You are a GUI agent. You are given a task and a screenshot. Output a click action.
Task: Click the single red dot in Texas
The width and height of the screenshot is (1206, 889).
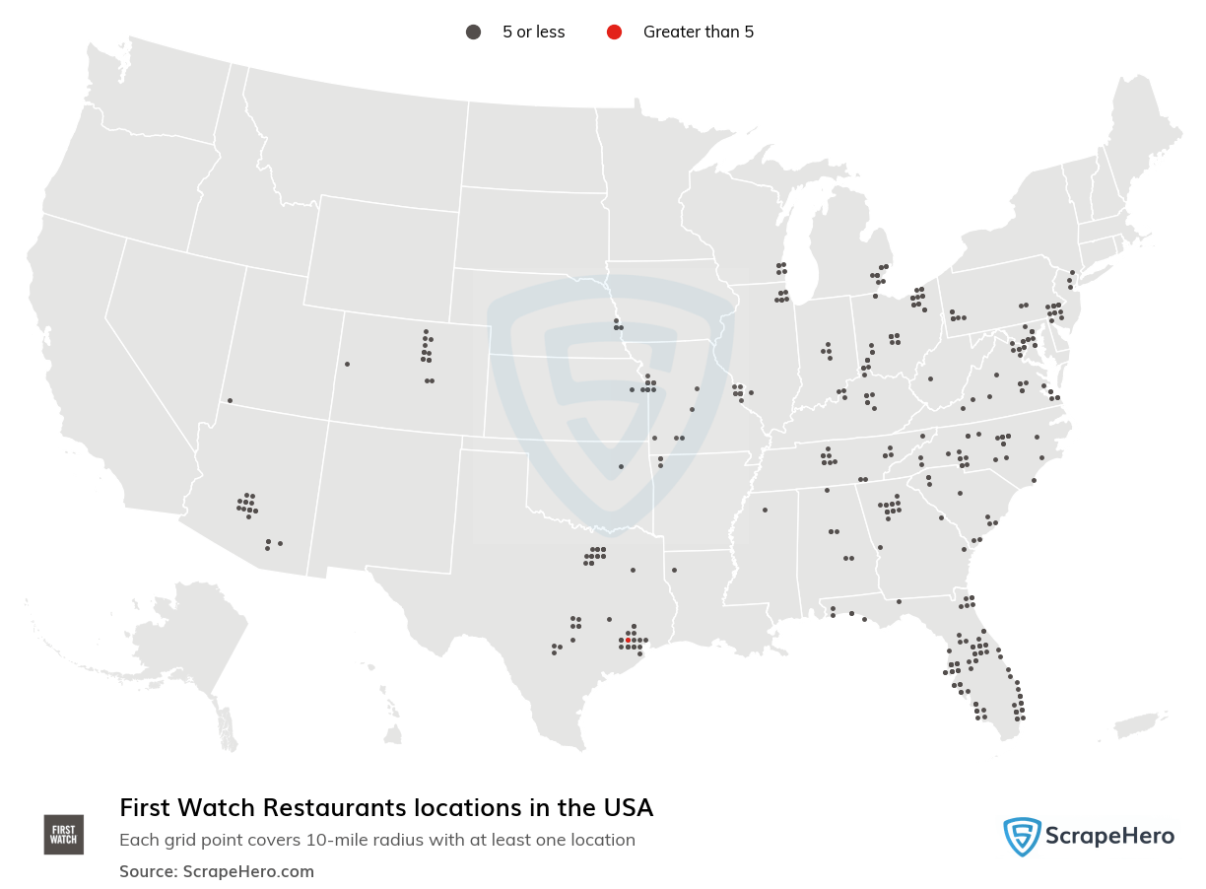tap(628, 640)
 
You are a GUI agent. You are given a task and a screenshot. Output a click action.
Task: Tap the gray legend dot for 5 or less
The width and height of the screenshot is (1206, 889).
tap(473, 32)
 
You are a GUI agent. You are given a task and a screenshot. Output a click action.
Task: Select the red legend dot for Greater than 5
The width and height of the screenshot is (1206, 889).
tap(614, 32)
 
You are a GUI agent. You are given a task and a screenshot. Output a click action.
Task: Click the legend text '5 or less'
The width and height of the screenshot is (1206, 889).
tap(533, 32)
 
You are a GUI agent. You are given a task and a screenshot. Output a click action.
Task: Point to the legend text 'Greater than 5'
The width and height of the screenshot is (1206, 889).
tap(698, 32)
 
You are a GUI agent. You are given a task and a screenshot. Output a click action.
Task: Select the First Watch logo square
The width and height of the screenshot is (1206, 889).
tap(64, 834)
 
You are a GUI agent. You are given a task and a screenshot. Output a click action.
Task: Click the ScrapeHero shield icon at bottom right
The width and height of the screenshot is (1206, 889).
tap(1022, 837)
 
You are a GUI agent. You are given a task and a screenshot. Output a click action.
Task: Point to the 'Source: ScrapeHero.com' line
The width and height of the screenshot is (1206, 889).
tap(217, 871)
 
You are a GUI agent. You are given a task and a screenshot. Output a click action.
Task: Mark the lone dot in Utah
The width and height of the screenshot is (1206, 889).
tap(230, 400)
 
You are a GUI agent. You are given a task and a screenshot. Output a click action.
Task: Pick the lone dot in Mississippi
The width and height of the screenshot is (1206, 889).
tap(765, 510)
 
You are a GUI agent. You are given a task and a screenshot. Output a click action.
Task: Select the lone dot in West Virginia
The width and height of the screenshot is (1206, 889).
tap(930, 378)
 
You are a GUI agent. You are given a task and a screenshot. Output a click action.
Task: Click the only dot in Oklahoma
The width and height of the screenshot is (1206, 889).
tap(621, 466)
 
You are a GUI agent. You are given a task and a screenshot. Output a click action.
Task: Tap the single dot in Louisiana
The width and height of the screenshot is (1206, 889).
tap(674, 570)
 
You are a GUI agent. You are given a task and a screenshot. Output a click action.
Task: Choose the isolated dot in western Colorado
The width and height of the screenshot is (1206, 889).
tap(347, 364)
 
